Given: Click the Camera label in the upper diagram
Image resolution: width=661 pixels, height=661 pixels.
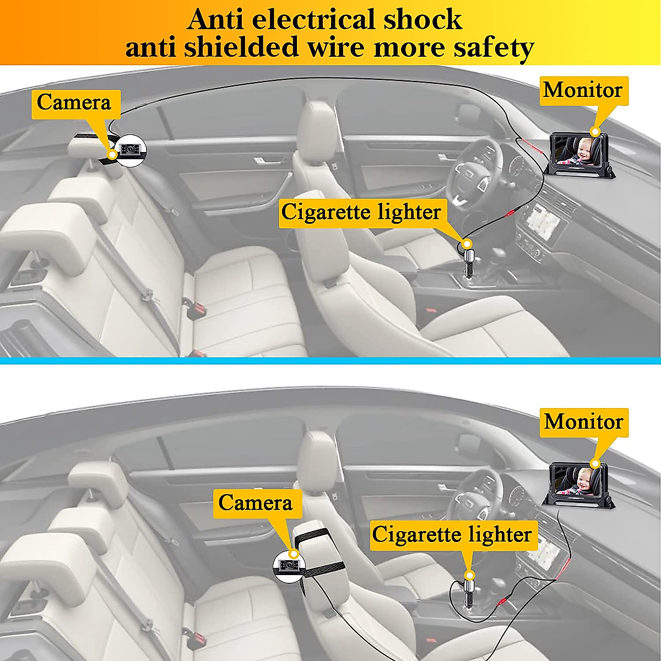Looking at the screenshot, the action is click(x=74, y=103).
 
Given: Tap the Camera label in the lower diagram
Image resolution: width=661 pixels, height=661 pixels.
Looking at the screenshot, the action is click(x=255, y=503).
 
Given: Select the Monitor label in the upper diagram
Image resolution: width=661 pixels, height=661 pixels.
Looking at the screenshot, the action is click(x=583, y=90).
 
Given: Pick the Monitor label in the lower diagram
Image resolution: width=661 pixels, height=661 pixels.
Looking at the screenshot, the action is click(x=583, y=422).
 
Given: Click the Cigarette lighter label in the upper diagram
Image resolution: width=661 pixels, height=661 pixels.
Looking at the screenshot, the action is click(x=361, y=212).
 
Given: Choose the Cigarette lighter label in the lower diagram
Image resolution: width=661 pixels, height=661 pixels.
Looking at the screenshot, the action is click(x=452, y=535).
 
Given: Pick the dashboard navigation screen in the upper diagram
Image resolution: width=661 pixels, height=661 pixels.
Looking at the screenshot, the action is click(x=543, y=223).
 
